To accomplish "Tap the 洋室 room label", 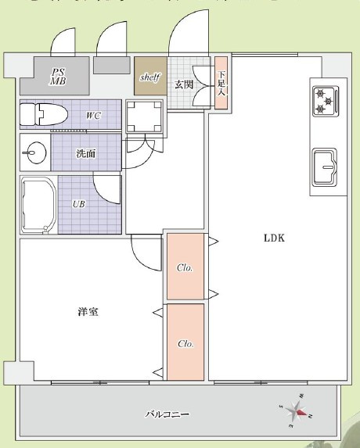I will pos(88,312).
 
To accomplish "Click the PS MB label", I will pos(58,75).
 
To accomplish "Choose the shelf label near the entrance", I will pos(149,78).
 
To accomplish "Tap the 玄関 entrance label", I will pos(184,84).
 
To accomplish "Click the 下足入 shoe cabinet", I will pos(221,77).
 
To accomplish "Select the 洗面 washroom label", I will pos(86,153).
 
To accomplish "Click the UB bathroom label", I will pos(79,204).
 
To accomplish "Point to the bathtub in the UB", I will pos(38,205).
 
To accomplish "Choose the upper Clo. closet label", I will pos(185,267).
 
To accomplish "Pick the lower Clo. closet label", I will pos(185,342).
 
